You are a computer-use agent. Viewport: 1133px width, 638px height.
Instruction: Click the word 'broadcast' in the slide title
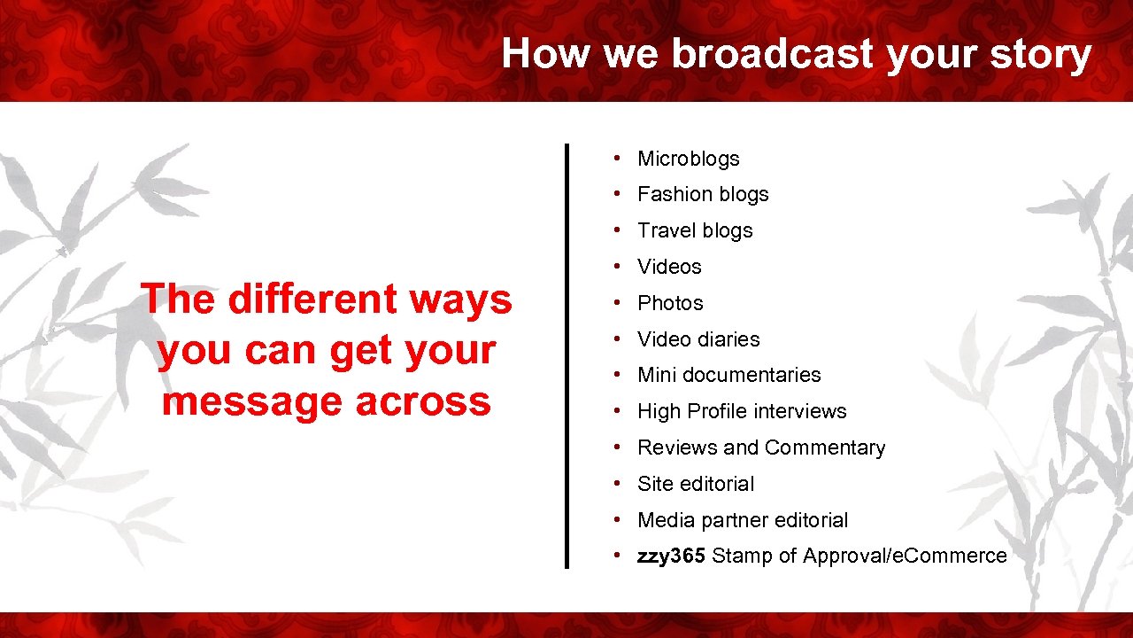[x=773, y=53]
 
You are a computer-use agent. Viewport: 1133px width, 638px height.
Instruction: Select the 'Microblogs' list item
[x=688, y=159]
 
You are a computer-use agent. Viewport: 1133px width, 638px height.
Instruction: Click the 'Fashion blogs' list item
[x=703, y=194]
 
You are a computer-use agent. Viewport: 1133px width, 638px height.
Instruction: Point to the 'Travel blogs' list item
[x=695, y=230]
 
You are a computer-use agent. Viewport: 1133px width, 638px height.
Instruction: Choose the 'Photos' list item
[x=670, y=303]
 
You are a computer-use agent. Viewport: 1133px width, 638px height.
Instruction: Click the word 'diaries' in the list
[x=728, y=338]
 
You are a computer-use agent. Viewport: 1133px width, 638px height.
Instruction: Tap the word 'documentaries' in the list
[x=751, y=375]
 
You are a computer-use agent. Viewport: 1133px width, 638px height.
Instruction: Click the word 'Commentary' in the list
[x=825, y=448]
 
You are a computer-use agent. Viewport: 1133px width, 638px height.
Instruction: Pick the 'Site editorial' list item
[x=696, y=484]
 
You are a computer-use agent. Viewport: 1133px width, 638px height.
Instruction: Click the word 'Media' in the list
[x=666, y=520]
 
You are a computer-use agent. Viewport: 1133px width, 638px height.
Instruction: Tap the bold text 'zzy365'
[x=671, y=556]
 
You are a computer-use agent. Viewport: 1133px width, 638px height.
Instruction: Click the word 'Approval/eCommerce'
[x=905, y=556]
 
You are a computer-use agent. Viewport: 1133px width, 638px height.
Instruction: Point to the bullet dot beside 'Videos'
[x=617, y=266]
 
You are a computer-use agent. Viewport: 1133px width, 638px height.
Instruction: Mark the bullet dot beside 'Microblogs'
[x=617, y=158]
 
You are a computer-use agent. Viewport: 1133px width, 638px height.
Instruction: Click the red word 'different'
[x=312, y=299]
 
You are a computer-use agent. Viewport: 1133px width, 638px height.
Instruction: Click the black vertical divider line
[x=566, y=356]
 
